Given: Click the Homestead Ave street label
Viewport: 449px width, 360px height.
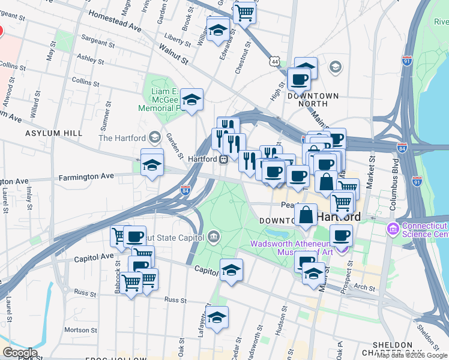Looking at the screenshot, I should point(114,21).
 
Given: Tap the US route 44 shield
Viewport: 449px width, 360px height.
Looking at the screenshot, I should point(274,62).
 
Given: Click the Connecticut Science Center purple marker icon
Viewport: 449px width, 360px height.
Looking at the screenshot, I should point(393,229).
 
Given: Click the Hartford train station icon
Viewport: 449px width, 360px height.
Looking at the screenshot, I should point(223,160).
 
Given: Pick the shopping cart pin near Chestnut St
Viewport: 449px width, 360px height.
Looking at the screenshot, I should point(245,12).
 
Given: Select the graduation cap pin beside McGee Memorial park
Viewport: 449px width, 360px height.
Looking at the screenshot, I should point(191,100).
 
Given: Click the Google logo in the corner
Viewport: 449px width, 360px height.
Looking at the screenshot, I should point(19,353).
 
